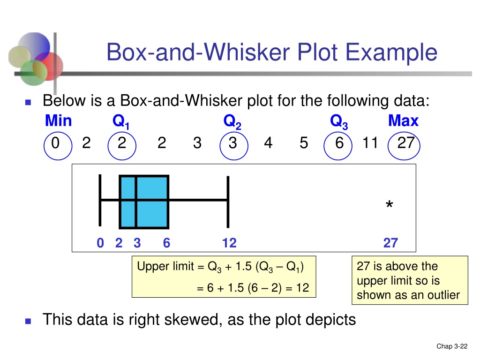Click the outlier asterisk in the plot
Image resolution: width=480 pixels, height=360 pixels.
tap(389, 205)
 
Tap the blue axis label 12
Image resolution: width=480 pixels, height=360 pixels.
tap(229, 243)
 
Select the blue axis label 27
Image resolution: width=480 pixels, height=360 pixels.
tap(390, 243)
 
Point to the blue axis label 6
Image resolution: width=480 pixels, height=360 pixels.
tap(166, 243)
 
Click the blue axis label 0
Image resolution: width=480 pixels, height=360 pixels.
tap(100, 243)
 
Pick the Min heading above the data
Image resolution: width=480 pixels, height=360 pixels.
tap(58, 121)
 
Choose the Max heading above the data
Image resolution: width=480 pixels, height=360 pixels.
tap(403, 121)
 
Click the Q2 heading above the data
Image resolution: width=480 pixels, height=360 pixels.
tap(232, 122)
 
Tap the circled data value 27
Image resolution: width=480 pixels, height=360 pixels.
tap(405, 143)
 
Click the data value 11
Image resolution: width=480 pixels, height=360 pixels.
tap(370, 143)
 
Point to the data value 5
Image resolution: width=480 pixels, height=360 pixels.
tap(304, 143)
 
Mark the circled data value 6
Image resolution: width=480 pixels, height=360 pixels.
tap(339, 143)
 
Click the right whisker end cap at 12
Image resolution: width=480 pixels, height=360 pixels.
tap(228, 200)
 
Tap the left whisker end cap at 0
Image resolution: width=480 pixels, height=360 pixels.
tap(100, 200)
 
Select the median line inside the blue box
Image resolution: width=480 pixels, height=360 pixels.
tap(136, 202)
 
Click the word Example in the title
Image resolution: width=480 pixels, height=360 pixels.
tap(399, 52)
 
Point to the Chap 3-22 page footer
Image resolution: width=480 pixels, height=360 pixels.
tap(452, 346)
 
